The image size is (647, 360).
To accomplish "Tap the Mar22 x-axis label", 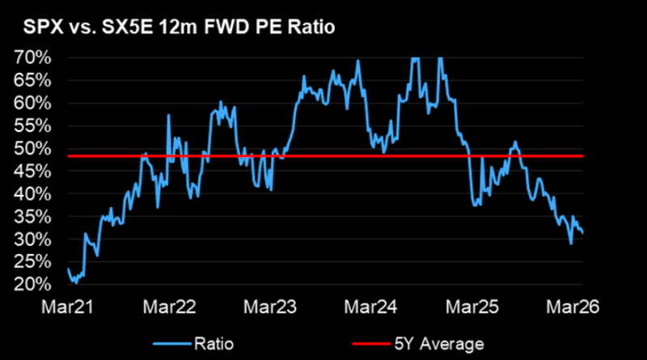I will point(167,308).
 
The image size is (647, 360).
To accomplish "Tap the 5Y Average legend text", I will point(438,344).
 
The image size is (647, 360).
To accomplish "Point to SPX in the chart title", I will point(35,27).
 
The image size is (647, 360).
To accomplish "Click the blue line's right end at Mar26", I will point(583,233).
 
